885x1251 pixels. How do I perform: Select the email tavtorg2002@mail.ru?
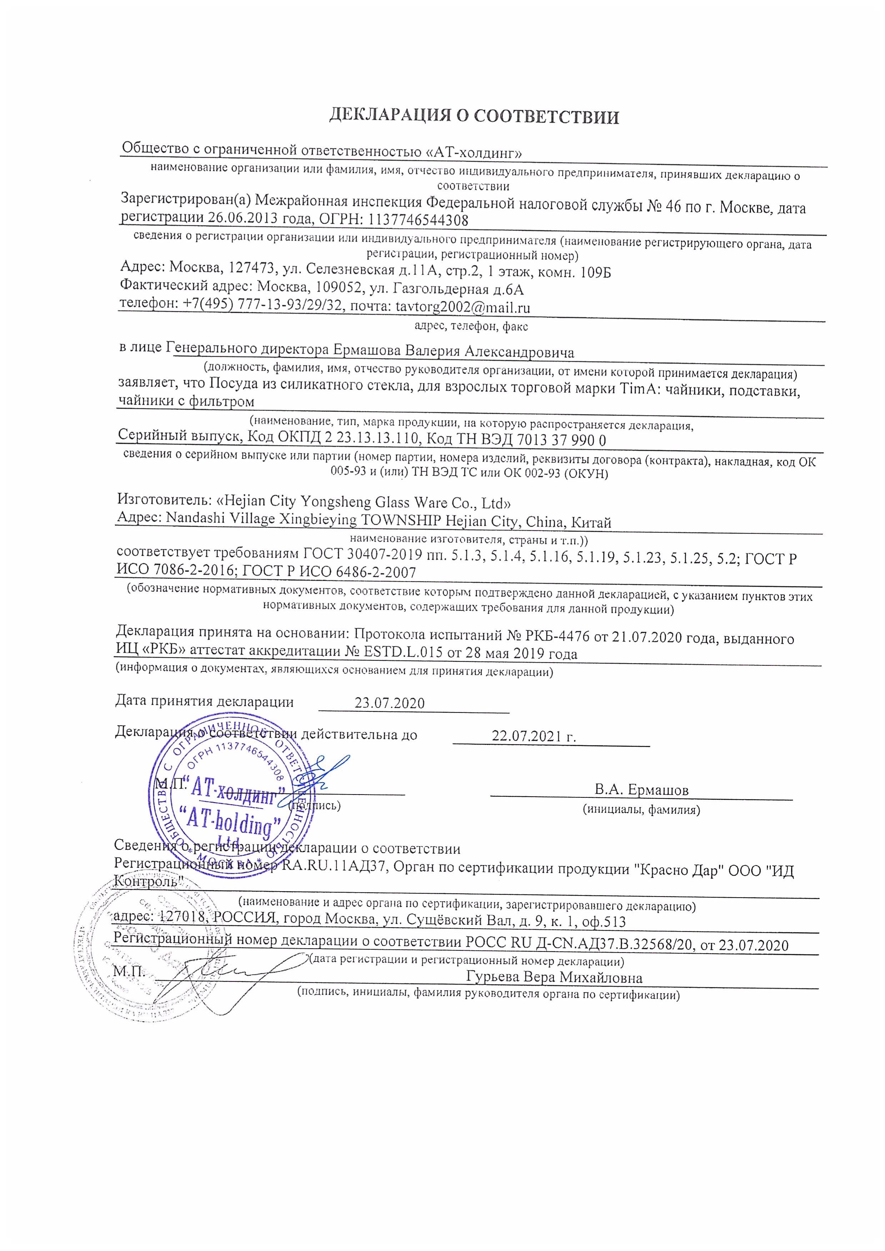point(463,307)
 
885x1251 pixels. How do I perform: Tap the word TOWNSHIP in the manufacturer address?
point(399,520)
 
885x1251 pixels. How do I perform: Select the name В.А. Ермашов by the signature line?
point(641,790)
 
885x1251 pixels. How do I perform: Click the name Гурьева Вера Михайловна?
point(554,977)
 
